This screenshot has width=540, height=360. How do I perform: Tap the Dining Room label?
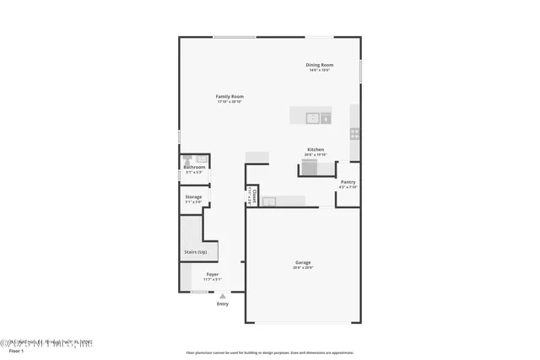pyautogui.click(x=320, y=65)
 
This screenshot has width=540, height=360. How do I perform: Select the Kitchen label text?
pyautogui.click(x=315, y=149)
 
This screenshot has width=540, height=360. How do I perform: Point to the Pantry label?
pyautogui.click(x=348, y=182)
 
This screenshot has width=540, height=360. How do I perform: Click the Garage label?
pyautogui.click(x=303, y=262)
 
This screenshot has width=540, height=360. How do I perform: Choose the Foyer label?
pyautogui.click(x=213, y=274)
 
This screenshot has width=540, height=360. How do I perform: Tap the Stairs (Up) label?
pyautogui.click(x=196, y=252)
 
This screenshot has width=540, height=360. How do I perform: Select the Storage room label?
pyautogui.click(x=193, y=196)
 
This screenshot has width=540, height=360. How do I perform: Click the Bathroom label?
pyautogui.click(x=194, y=167)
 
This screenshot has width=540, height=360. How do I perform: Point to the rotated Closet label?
pyautogui.click(x=254, y=196)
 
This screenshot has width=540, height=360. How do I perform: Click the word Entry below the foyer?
pyautogui.click(x=222, y=304)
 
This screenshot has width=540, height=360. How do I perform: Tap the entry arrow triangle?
pyautogui.click(x=222, y=296)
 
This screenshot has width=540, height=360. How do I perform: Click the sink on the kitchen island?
pyautogui.click(x=312, y=118)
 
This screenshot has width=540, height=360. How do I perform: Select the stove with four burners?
pyautogui.click(x=355, y=133)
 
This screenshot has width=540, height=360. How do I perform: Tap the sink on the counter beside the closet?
pyautogui.click(x=269, y=201)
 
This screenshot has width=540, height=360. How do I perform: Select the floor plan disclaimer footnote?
pyautogui.click(x=270, y=352)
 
